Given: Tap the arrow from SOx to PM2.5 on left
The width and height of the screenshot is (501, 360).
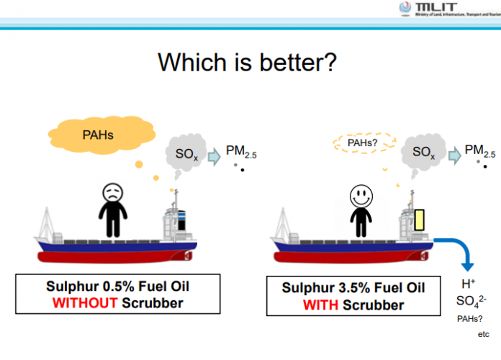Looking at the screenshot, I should click(x=214, y=156).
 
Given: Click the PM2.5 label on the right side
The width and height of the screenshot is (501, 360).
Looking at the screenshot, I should click(x=479, y=150).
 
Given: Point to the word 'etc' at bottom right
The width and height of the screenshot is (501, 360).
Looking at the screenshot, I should click(x=483, y=335).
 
